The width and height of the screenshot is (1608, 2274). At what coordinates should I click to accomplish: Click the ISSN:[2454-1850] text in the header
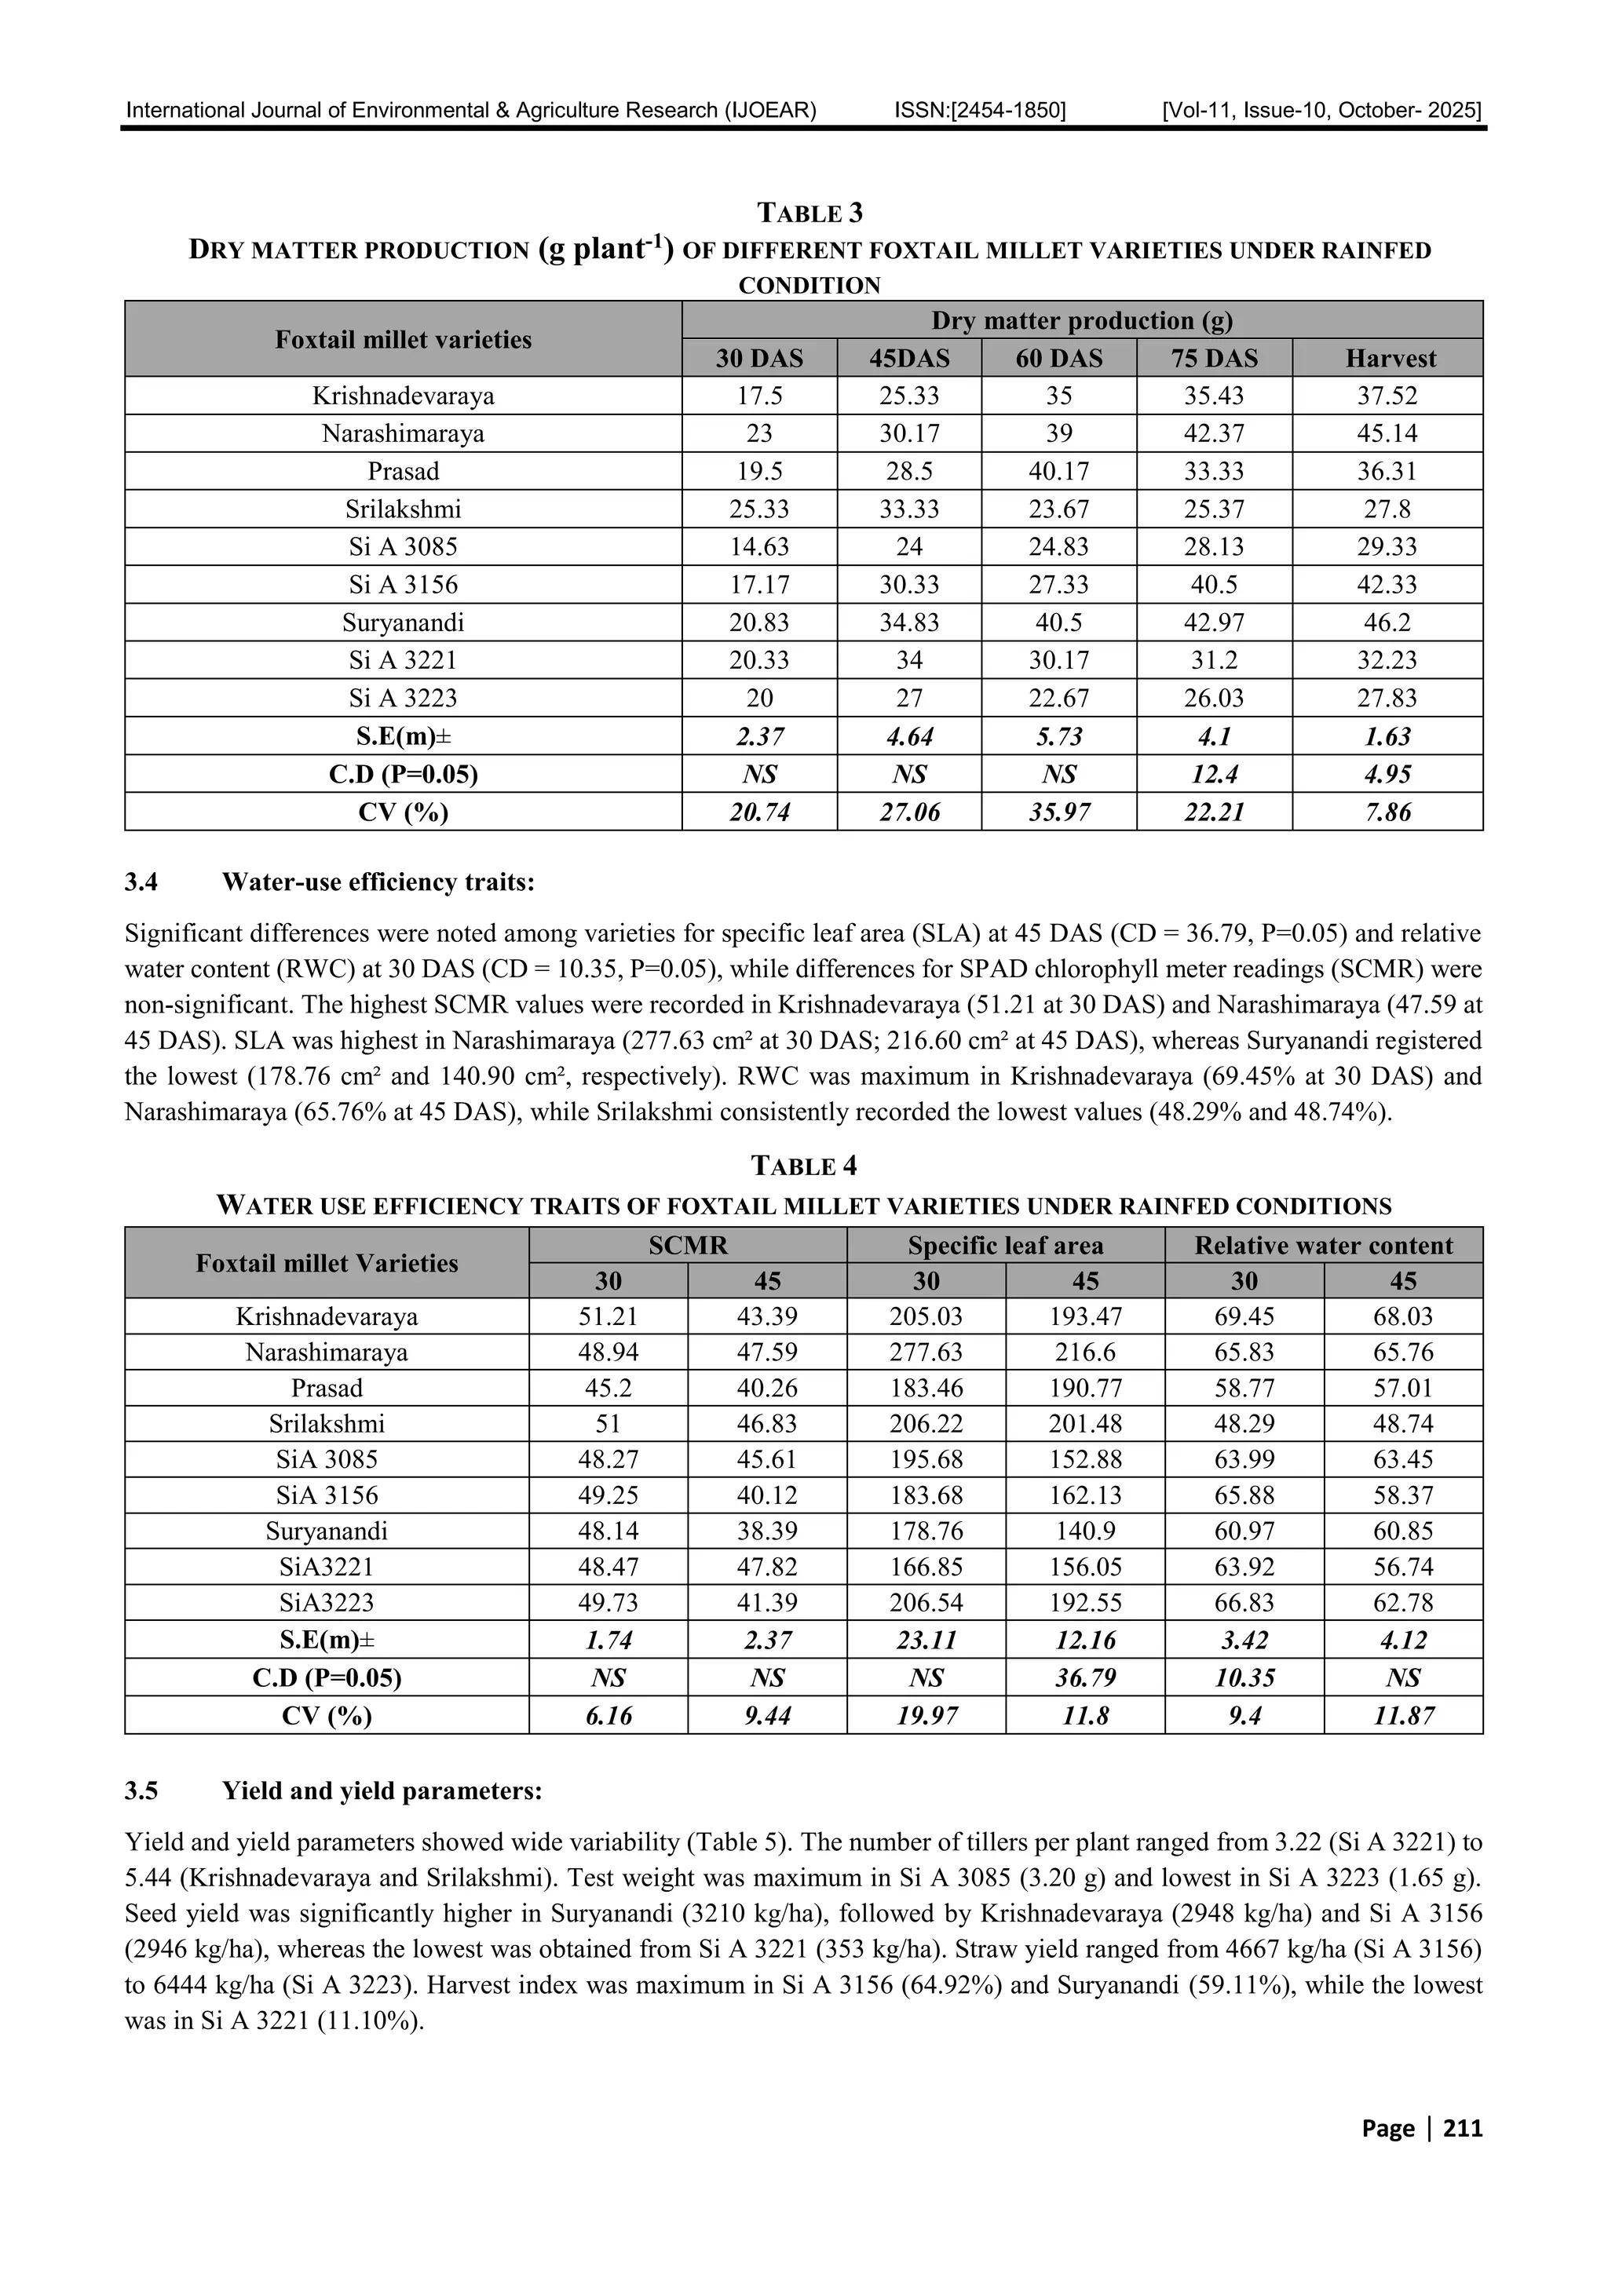point(980,110)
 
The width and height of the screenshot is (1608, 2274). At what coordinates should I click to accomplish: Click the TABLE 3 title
point(809,213)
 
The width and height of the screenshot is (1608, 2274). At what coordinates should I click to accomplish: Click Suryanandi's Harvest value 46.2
point(1387,623)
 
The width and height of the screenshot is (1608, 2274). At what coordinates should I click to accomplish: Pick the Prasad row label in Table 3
point(404,472)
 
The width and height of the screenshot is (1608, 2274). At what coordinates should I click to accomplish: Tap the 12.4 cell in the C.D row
point(1214,775)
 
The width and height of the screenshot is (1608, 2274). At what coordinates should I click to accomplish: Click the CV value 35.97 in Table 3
point(1058,813)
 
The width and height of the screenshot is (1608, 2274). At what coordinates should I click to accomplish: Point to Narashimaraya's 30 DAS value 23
point(759,434)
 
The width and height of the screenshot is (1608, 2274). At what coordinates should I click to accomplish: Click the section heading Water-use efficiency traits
point(378,881)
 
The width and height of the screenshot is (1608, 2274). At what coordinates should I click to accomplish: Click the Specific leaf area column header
point(1005,1245)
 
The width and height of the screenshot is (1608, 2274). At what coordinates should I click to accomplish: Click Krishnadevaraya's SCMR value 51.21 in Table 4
point(608,1316)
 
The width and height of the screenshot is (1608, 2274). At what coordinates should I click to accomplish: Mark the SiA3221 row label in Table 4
point(326,1567)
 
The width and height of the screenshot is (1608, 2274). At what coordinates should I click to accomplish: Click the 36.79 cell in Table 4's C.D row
point(1085,1677)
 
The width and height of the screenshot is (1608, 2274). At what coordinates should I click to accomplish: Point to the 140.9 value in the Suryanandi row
point(1085,1531)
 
